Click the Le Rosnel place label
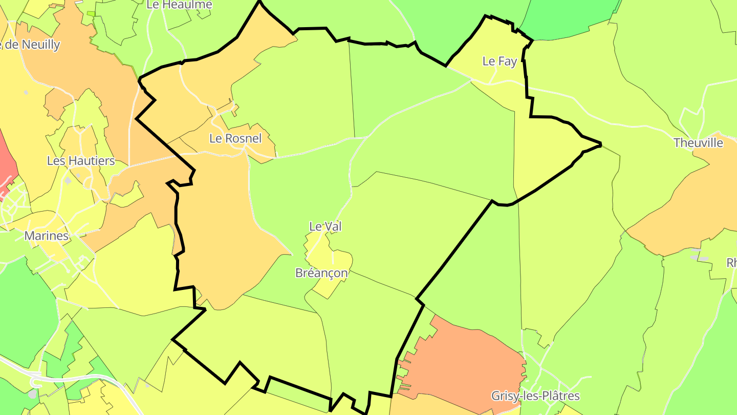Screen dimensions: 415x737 [x=235, y=138]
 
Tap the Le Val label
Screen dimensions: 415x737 [x=325, y=226]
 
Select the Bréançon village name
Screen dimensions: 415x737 [x=321, y=273]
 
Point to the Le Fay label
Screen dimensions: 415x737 [x=500, y=61]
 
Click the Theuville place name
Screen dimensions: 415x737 [x=698, y=143]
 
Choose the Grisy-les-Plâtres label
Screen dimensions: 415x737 [x=535, y=396]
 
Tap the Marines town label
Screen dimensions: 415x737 [x=47, y=236]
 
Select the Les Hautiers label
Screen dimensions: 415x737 [x=81, y=161]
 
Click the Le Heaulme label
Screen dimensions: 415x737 [x=172, y=5]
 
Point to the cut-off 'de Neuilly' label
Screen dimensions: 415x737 [x=31, y=45]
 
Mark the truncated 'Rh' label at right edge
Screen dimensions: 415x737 [x=731, y=263]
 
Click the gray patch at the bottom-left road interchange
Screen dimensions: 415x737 [x=33, y=393]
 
